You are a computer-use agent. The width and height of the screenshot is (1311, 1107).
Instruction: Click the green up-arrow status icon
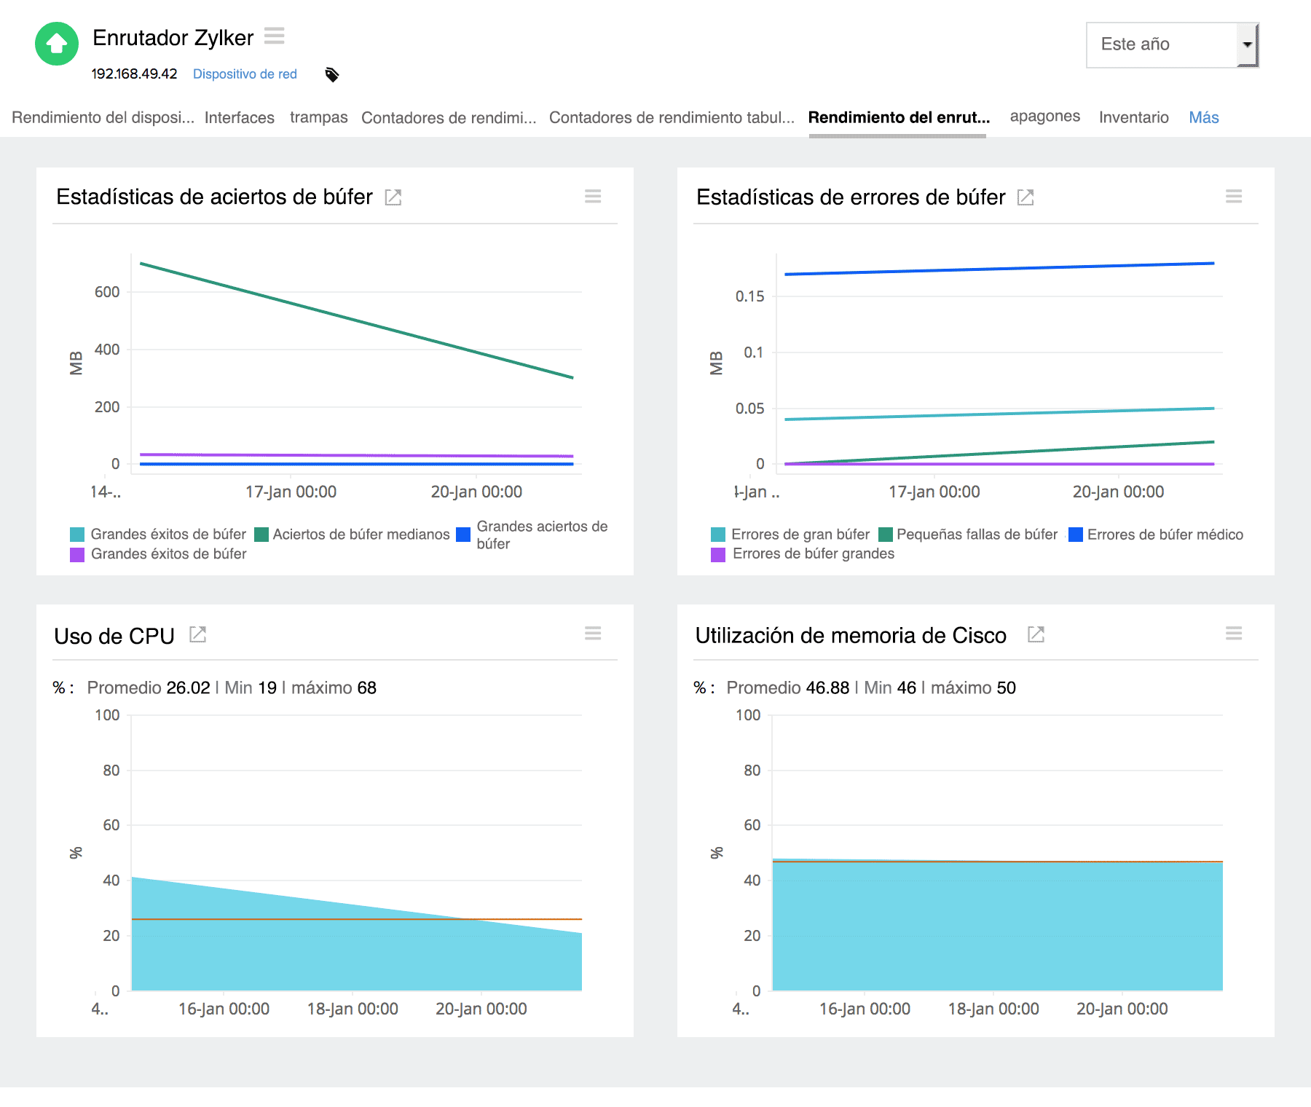pyautogui.click(x=57, y=44)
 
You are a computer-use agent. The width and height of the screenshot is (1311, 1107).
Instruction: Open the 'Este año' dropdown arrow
pyautogui.click(x=1247, y=44)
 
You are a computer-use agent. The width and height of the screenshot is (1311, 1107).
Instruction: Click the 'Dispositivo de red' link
pyautogui.click(x=245, y=74)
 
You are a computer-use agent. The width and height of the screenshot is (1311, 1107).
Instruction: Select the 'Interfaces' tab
pyautogui.click(x=239, y=117)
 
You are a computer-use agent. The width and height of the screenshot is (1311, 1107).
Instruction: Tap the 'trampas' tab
pyautogui.click(x=318, y=117)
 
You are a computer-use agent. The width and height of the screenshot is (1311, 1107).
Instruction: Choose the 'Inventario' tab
pyautogui.click(x=1133, y=117)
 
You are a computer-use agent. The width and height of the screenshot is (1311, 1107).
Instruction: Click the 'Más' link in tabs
pyautogui.click(x=1203, y=117)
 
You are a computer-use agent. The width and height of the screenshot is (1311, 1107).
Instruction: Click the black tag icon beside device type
pyautogui.click(x=332, y=74)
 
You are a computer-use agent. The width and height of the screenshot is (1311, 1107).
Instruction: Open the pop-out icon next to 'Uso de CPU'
pyautogui.click(x=198, y=634)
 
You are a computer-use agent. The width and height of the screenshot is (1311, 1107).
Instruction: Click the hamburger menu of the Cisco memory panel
pyautogui.click(x=1233, y=634)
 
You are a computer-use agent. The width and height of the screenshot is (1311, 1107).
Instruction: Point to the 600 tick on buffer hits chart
pyautogui.click(x=107, y=292)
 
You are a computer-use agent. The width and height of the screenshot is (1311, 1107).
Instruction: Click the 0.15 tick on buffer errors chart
pyautogui.click(x=749, y=296)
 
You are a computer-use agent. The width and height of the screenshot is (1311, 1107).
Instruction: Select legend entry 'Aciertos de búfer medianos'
pyautogui.click(x=361, y=535)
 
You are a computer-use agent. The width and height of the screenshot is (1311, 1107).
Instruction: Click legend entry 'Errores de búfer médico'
pyautogui.click(x=1165, y=535)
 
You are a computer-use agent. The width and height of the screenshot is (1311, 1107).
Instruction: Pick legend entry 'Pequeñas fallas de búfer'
pyautogui.click(x=977, y=535)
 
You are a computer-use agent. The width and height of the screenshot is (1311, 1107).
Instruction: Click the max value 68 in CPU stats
pyautogui.click(x=366, y=688)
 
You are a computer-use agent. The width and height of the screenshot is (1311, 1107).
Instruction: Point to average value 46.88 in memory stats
pyautogui.click(x=827, y=688)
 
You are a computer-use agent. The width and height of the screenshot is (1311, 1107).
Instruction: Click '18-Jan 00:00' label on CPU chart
pyautogui.click(x=353, y=1009)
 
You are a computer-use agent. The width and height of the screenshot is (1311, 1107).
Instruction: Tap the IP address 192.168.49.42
pyautogui.click(x=134, y=74)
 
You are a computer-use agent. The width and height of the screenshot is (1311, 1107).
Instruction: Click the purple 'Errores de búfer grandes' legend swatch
pyautogui.click(x=718, y=554)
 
